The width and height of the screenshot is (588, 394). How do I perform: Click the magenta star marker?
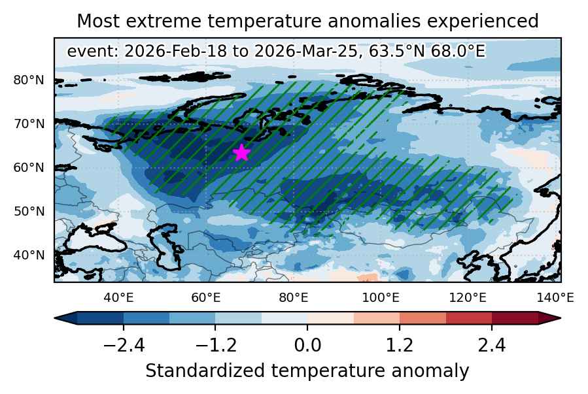point(241,152)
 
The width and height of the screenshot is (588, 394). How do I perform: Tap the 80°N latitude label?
point(29,80)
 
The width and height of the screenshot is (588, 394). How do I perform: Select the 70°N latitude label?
point(29,123)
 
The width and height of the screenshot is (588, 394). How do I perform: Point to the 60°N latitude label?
point(29,167)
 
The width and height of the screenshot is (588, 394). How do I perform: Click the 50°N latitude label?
point(29,211)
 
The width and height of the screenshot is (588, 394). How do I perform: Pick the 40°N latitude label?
point(29,255)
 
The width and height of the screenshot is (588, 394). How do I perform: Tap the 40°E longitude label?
point(118,298)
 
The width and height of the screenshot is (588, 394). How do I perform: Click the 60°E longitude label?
point(206,298)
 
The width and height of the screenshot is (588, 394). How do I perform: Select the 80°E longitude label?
point(294,298)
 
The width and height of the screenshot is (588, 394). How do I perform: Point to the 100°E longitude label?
point(381,298)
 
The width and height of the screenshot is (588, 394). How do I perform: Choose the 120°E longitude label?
point(468,298)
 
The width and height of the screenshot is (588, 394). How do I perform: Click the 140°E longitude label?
point(555,298)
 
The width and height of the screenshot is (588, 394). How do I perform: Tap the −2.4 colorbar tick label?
point(124,345)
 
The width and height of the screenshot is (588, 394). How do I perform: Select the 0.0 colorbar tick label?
point(307,345)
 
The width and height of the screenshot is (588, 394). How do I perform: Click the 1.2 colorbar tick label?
point(400,345)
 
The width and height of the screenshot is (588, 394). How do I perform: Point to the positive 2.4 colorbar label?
point(492,345)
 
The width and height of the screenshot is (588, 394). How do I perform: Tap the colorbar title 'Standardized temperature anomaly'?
point(307,371)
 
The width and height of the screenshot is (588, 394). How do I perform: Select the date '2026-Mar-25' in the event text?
point(305,52)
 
